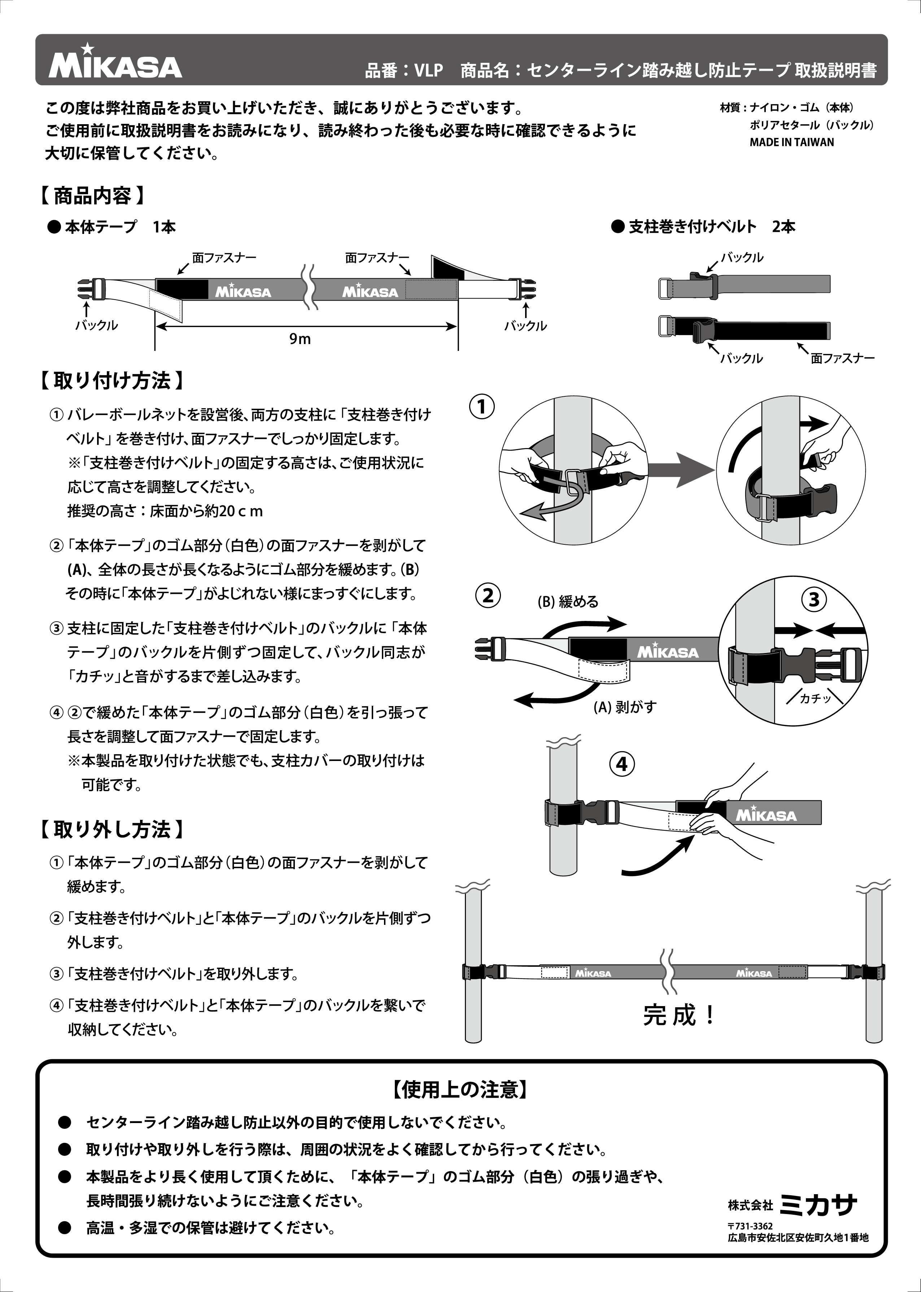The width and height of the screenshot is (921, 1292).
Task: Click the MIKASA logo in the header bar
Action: tap(115, 64)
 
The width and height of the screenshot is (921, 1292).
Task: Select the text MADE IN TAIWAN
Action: tap(792, 142)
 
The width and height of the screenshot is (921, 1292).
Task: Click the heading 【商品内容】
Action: tap(92, 196)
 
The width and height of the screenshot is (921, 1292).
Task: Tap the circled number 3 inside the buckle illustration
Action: tap(814, 600)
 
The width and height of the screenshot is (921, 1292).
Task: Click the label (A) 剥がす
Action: tap(624, 707)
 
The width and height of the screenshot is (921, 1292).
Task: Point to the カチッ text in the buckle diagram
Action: tap(815, 699)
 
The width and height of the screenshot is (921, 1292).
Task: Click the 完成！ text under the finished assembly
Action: tap(679, 1015)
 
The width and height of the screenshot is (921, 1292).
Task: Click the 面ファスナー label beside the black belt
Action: tap(842, 358)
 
